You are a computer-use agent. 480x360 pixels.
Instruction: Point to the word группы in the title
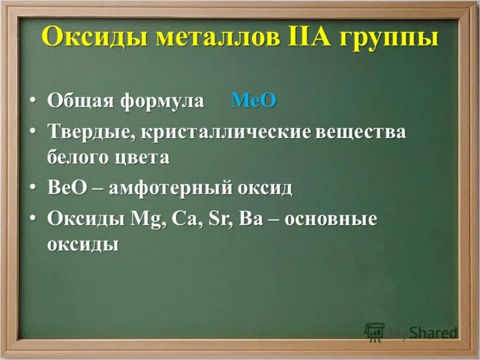coord(389,38)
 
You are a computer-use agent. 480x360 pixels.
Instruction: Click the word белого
coord(77,158)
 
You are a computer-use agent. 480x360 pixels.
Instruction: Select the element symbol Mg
coord(147,220)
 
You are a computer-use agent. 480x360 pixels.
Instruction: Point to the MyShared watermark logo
coord(411,332)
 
